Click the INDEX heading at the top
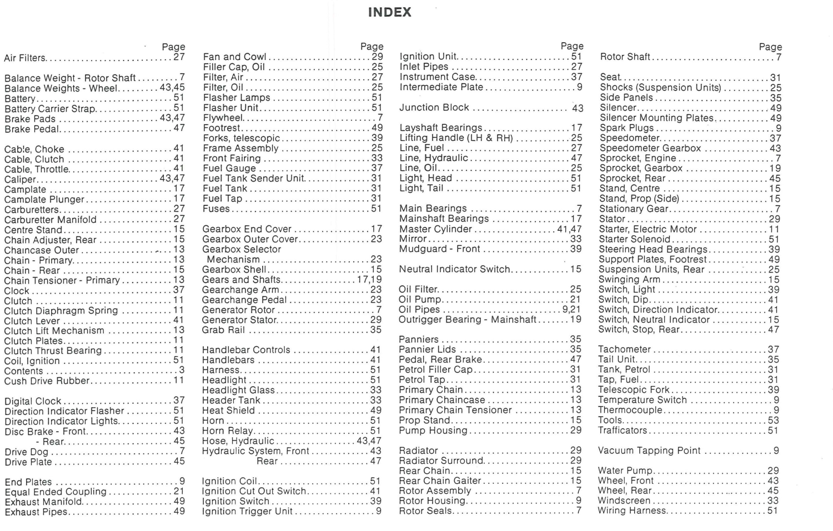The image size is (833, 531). (x=389, y=12)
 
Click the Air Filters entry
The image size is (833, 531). (x=25, y=58)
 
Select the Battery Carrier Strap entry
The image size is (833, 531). (x=50, y=109)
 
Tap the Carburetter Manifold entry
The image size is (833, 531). (x=51, y=220)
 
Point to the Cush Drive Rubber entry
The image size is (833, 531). (x=47, y=381)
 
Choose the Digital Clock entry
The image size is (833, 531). (x=33, y=401)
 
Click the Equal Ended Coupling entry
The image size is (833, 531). (x=56, y=492)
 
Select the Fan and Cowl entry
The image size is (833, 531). (x=234, y=57)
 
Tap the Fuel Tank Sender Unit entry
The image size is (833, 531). (x=253, y=178)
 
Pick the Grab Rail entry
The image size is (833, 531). (x=223, y=330)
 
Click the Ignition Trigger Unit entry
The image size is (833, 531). (x=247, y=512)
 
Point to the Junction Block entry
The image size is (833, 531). (x=434, y=108)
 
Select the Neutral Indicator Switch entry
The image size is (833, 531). (x=454, y=269)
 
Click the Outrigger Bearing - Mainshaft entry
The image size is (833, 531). (x=468, y=320)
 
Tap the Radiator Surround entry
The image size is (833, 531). (x=441, y=461)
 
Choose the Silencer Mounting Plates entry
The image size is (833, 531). (x=656, y=118)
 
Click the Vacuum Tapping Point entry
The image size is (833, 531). (x=649, y=451)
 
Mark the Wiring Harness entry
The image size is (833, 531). (x=632, y=510)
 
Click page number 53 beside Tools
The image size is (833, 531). (x=774, y=420)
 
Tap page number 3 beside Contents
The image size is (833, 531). (x=182, y=371)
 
